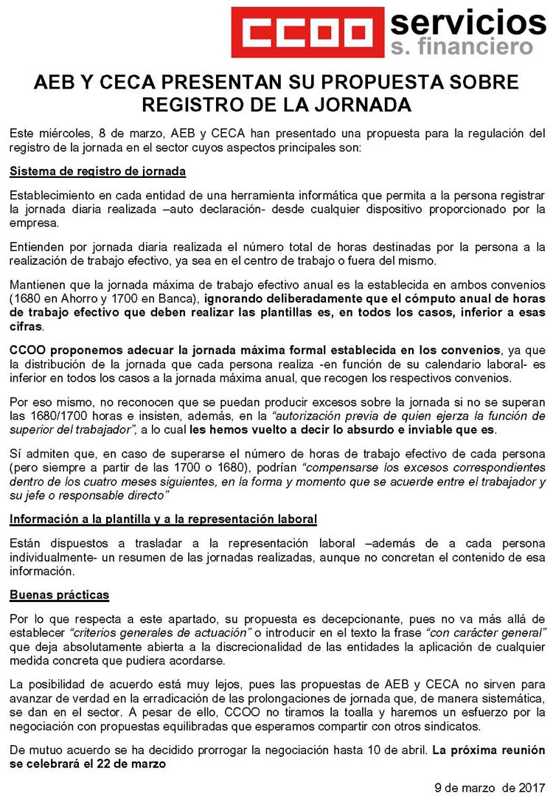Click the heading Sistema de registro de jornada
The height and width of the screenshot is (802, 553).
[97, 172]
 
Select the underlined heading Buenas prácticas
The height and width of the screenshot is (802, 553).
[59, 595]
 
